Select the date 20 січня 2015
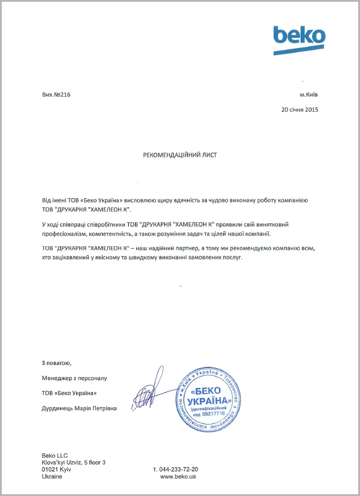tap(300, 109)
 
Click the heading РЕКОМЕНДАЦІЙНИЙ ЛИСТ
tap(180, 155)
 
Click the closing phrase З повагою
tap(56, 363)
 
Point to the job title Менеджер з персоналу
tap(74, 378)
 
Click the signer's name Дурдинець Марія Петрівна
tap(79, 408)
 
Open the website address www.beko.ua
tap(178, 477)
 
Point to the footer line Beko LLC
tap(55, 454)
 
